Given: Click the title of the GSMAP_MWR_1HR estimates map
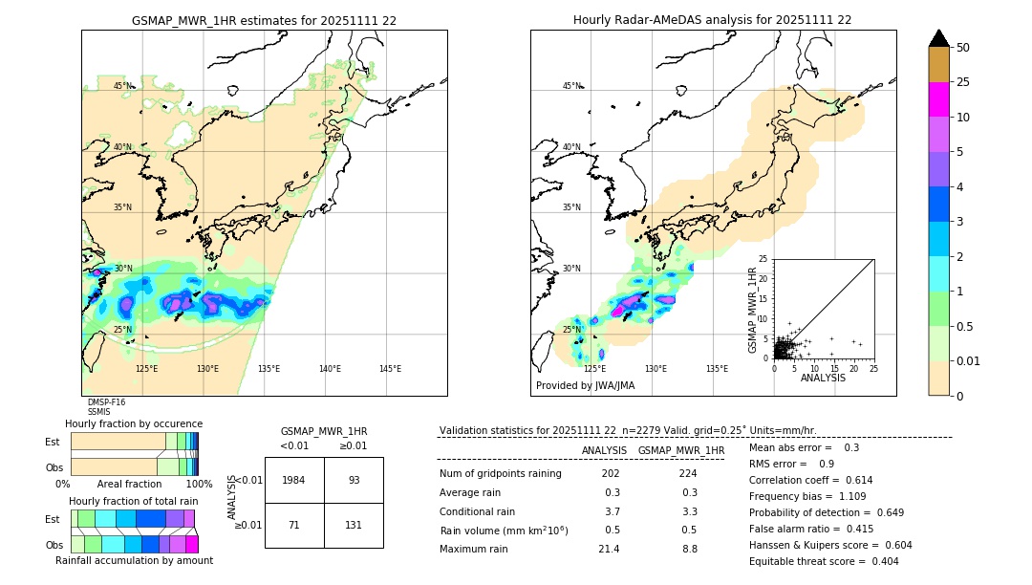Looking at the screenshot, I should coord(264,20).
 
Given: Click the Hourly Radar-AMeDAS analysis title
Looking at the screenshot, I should coord(712,20).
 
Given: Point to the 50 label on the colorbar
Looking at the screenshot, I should coord(963,48).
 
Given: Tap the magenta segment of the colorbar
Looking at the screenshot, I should coord(938,99).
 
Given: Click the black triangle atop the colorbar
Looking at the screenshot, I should coord(938,38).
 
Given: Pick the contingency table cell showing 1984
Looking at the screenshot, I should coord(294,480).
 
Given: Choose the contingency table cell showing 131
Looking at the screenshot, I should coord(354,525).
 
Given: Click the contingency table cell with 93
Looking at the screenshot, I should coord(354,480).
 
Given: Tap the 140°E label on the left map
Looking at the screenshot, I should coord(330,369).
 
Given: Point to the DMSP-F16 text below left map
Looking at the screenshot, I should coord(106,402).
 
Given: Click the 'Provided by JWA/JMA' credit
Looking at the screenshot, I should coord(585,386).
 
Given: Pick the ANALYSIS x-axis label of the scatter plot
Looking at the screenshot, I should coord(823,379).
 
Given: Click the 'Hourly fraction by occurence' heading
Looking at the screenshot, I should coord(134,423).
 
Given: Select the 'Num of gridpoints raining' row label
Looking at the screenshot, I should coord(500,473).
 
